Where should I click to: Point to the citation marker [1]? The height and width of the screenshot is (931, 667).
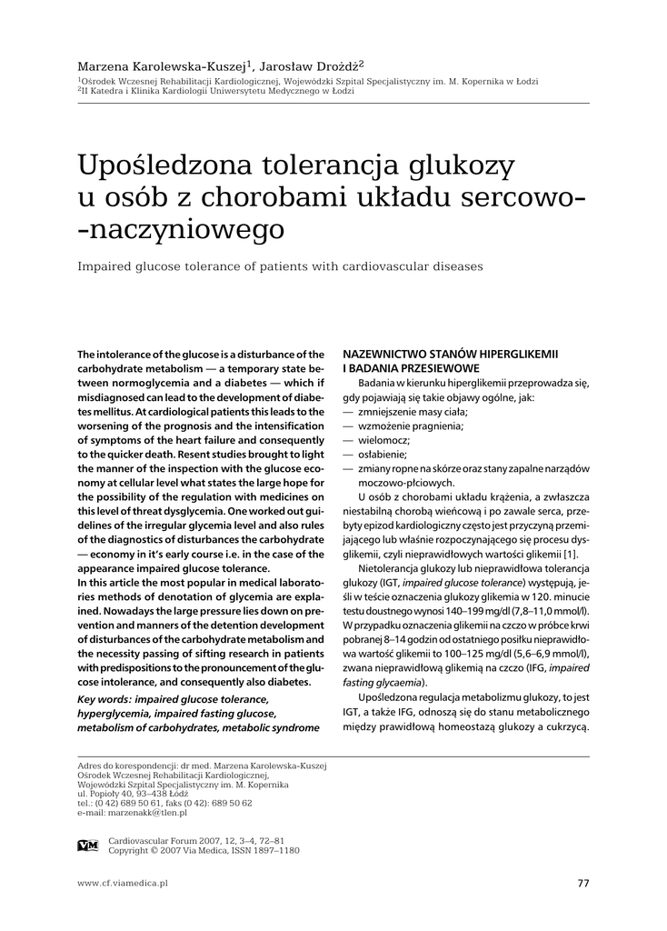[x=570, y=555]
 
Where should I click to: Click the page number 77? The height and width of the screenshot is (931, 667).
[x=582, y=883]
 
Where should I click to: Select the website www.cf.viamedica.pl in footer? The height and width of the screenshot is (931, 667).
[x=123, y=883]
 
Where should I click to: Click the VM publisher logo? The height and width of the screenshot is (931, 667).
[x=88, y=846]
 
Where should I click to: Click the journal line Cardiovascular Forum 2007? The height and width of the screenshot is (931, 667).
[x=196, y=841]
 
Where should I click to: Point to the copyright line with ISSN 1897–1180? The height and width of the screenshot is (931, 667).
[x=204, y=850]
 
